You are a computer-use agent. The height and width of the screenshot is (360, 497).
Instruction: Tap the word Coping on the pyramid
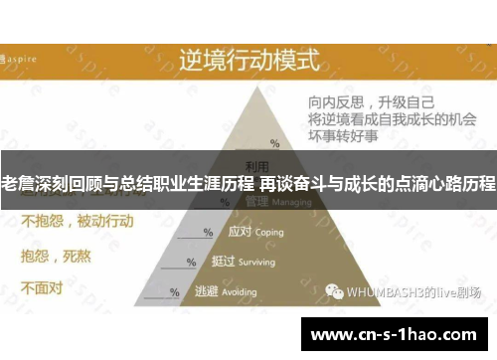click(268, 232)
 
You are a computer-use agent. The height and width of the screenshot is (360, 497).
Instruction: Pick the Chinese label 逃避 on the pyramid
click(206, 291)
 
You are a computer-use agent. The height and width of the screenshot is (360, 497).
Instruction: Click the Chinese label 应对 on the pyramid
click(240, 232)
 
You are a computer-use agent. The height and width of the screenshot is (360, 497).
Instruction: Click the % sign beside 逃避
click(175, 292)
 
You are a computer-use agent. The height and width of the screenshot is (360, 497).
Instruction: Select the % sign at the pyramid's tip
click(275, 144)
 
